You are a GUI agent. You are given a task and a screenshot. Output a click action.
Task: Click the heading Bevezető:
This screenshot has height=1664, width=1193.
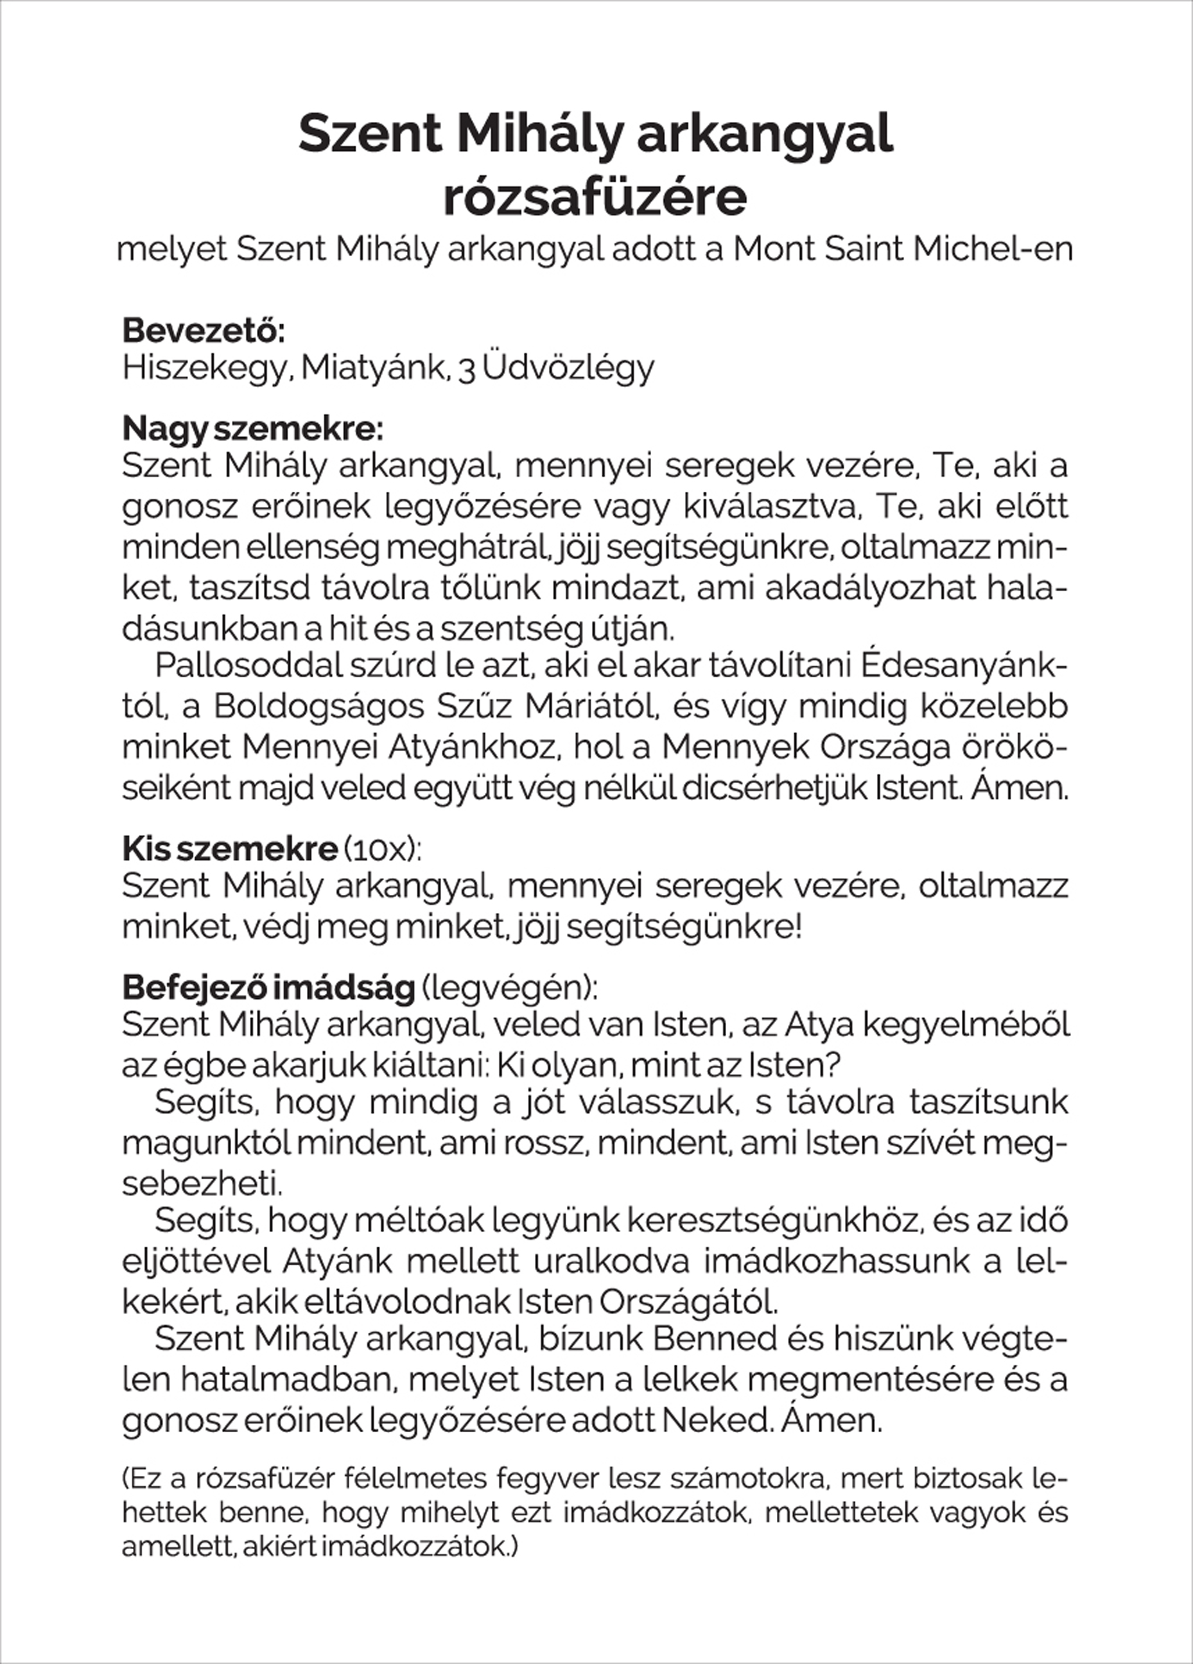tap(204, 330)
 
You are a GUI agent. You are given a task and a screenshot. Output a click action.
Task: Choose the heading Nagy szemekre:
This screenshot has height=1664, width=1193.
tap(252, 428)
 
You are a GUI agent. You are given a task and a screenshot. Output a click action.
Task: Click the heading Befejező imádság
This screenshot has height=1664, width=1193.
tap(268, 987)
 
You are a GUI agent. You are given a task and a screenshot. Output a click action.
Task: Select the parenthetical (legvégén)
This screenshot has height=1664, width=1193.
tap(509, 987)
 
